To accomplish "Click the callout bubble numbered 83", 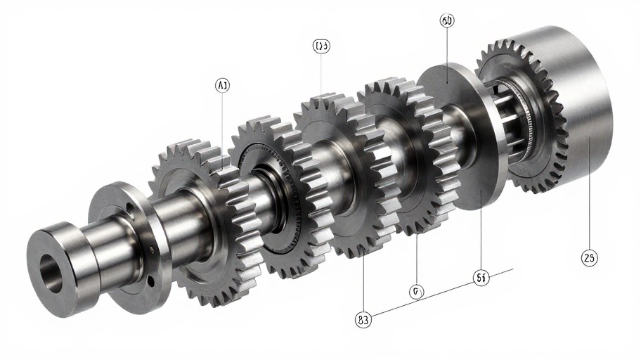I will tap(363, 319).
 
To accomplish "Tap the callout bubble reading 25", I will tap(589, 258).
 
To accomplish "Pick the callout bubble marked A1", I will tap(222, 85).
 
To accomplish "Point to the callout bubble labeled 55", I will tap(481, 278).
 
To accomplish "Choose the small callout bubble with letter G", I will tap(416, 290).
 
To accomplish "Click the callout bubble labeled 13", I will tap(321, 46).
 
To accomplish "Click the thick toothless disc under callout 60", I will tap(457, 134).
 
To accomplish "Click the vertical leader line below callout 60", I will tap(447, 56).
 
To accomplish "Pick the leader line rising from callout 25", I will tap(589, 190).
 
